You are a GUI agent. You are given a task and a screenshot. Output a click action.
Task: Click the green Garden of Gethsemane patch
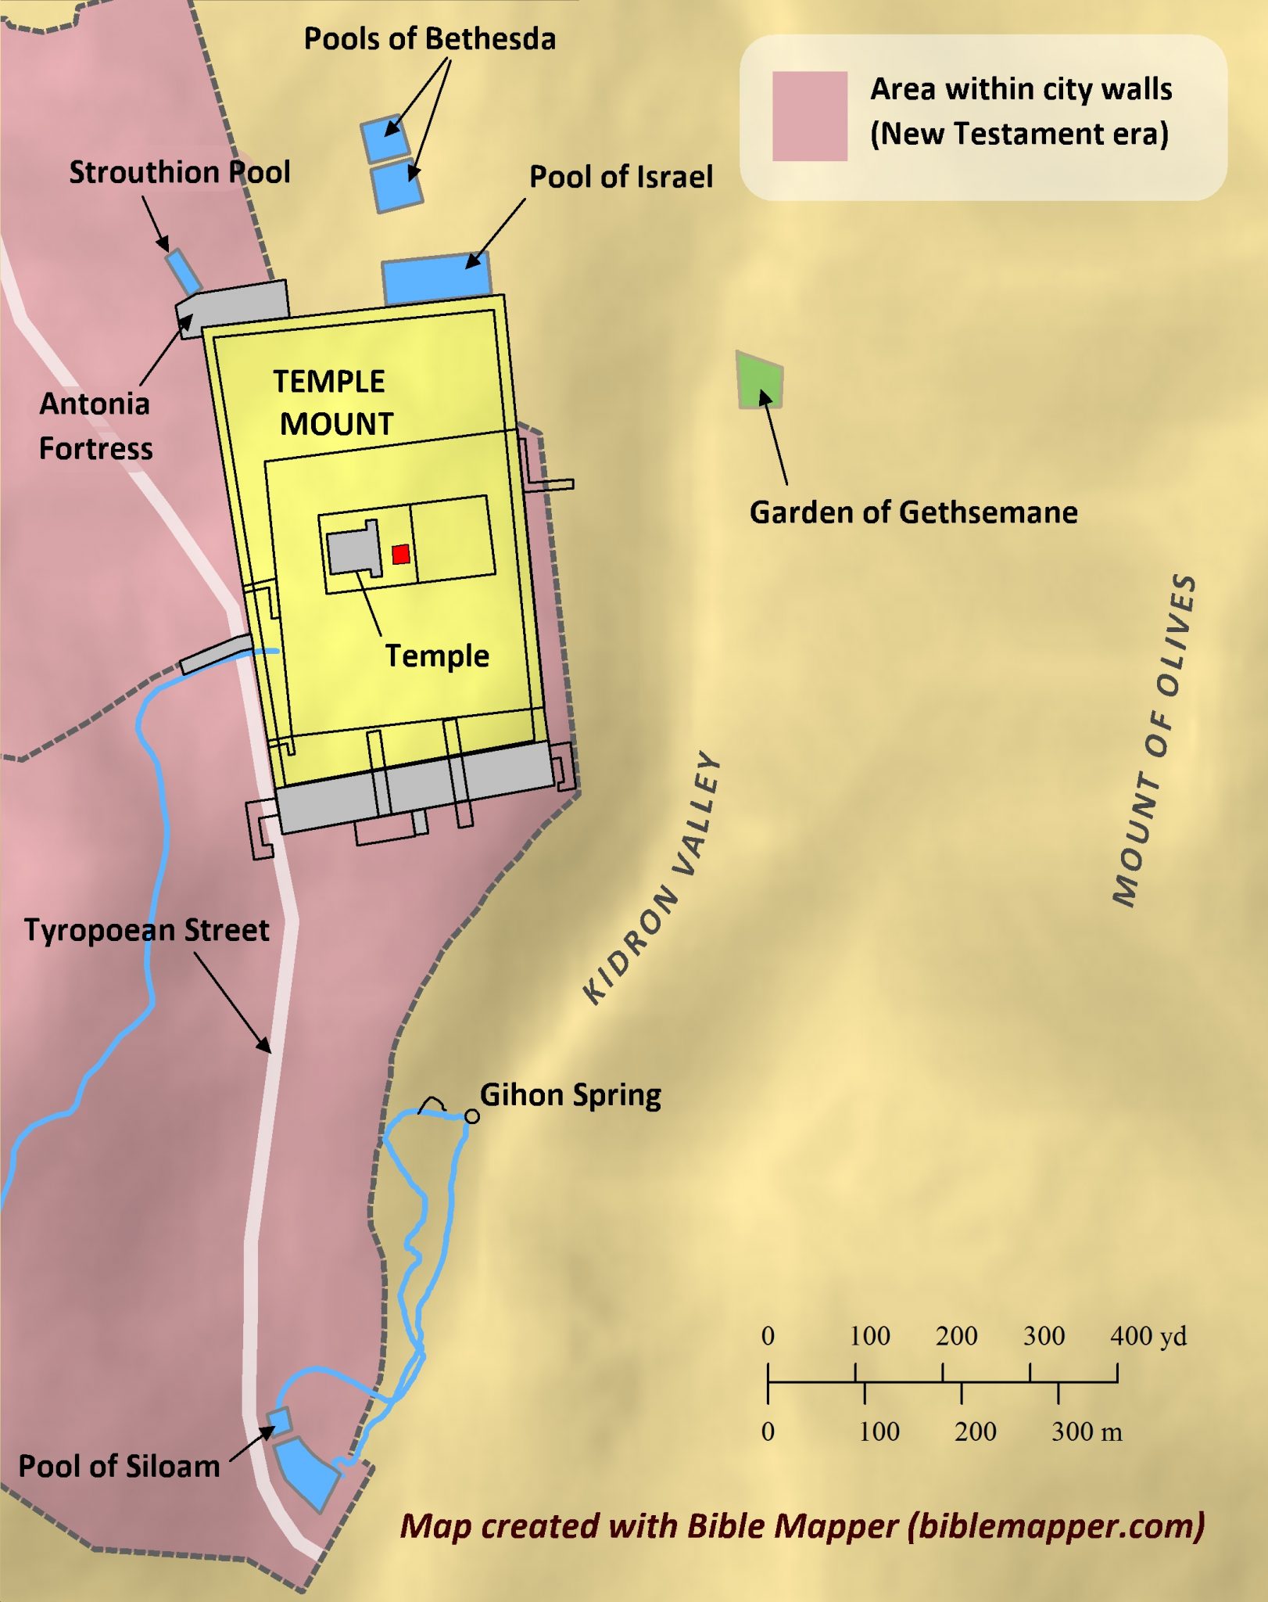760,380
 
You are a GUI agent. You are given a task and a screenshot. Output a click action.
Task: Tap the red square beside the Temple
401,555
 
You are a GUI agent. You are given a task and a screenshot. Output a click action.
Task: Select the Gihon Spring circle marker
472,1116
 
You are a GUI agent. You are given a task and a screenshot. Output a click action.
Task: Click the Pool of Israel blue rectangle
437,278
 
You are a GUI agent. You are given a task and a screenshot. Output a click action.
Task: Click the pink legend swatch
810,116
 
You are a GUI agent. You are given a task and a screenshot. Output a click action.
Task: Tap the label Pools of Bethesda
429,39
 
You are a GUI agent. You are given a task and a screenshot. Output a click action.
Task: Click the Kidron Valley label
654,877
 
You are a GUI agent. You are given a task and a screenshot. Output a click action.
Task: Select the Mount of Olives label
1154,740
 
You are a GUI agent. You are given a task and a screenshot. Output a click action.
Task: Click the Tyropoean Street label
146,930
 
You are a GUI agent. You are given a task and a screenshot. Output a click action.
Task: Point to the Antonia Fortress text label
95,426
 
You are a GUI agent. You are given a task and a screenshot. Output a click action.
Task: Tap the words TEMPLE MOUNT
332,403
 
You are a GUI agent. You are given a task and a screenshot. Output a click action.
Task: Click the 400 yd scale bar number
1148,1336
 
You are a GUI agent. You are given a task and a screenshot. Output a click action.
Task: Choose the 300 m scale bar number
1087,1431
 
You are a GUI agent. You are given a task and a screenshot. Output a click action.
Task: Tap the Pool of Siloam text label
119,1466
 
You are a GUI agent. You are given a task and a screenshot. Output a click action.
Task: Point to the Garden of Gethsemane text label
913,512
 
